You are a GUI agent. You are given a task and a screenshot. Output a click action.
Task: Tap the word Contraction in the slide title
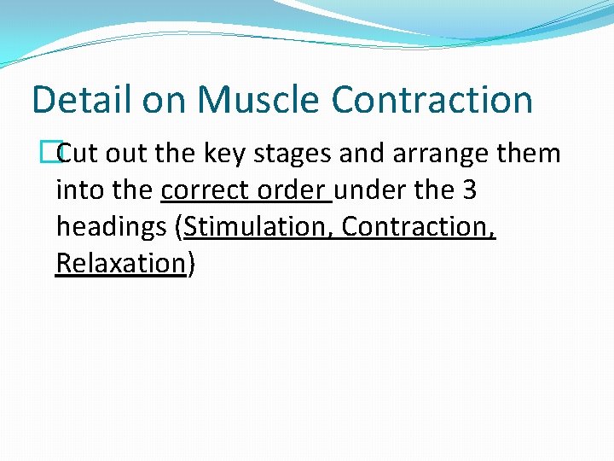(432, 100)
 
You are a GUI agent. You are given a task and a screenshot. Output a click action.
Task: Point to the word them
(530, 154)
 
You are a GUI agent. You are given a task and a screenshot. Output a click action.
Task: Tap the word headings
(111, 227)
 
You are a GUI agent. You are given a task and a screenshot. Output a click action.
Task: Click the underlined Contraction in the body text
(419, 227)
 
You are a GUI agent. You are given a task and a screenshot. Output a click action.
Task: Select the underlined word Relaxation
(120, 263)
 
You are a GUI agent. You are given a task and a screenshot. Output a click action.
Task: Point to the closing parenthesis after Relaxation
(191, 264)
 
